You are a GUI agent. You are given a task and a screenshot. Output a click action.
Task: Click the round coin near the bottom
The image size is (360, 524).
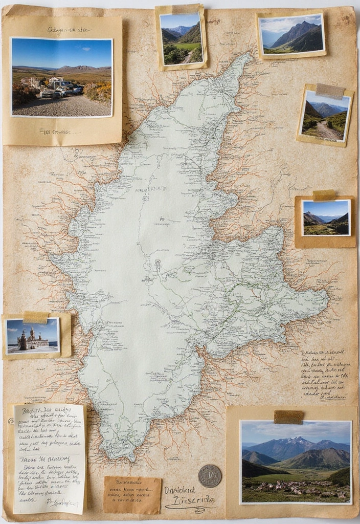point(210,475)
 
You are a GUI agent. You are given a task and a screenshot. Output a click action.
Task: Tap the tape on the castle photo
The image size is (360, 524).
point(35,317)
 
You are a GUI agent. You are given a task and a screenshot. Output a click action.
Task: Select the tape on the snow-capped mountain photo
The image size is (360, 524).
point(288,417)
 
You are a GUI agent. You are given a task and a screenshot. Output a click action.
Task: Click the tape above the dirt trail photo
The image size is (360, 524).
point(330,91)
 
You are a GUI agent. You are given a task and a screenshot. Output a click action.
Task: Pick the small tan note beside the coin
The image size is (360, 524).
point(132,495)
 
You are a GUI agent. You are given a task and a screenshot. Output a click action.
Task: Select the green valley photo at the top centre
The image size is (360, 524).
point(181,39)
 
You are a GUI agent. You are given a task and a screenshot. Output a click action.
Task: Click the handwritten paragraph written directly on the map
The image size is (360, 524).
point(323,374)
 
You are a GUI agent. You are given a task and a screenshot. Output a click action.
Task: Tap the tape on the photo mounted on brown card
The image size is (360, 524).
point(324,195)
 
